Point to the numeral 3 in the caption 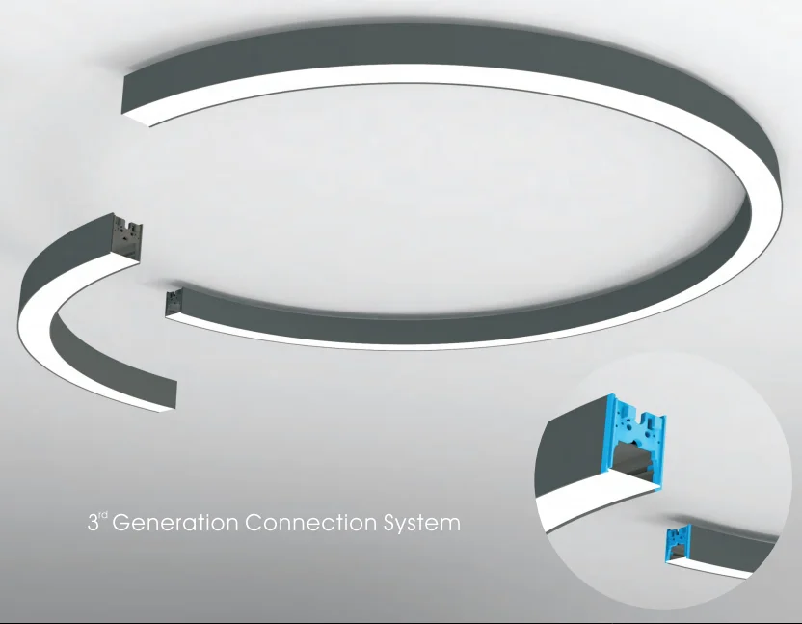(93, 526)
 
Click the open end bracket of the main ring (174, 299)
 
